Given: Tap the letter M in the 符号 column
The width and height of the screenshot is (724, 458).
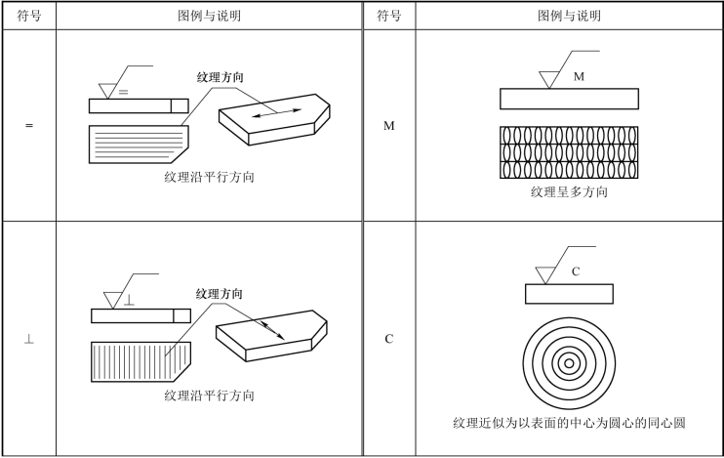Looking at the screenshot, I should [388, 126].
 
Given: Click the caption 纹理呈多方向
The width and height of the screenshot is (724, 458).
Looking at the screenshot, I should [569, 192].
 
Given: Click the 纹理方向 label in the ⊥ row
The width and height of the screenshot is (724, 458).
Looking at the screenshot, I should [220, 293].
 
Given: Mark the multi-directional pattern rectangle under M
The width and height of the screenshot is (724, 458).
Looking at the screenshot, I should [569, 152].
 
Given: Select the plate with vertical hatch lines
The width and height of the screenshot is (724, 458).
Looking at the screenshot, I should [137, 360].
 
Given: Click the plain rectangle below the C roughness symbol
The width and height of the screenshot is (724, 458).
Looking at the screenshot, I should [569, 294].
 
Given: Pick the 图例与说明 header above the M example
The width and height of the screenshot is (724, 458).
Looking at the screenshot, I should [569, 17].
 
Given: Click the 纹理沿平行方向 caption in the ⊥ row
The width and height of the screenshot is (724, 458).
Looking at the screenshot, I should [210, 396].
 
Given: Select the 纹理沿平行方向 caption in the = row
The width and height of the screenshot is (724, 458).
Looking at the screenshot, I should [210, 179].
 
